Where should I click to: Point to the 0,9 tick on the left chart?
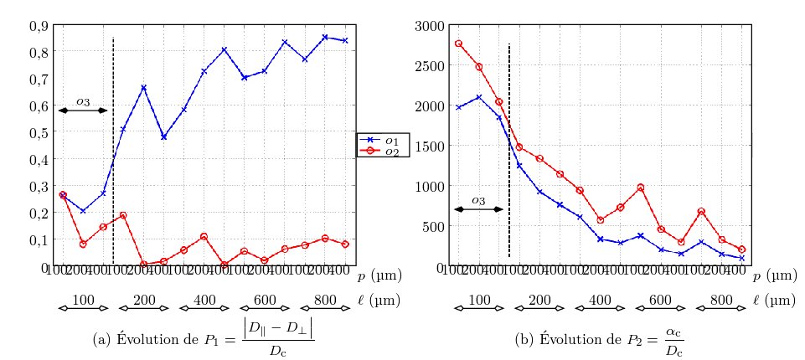click(x=38, y=25)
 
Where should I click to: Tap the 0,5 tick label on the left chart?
click(x=38, y=132)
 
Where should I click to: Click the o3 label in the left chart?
click(x=83, y=101)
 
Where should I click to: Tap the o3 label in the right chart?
click(x=478, y=200)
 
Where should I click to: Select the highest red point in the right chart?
click(x=459, y=44)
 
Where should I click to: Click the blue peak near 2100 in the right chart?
click(x=479, y=97)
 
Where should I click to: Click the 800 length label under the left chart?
click(x=325, y=300)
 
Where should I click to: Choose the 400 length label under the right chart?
click(x=600, y=300)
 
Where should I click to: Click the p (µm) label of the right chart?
click(x=774, y=275)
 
